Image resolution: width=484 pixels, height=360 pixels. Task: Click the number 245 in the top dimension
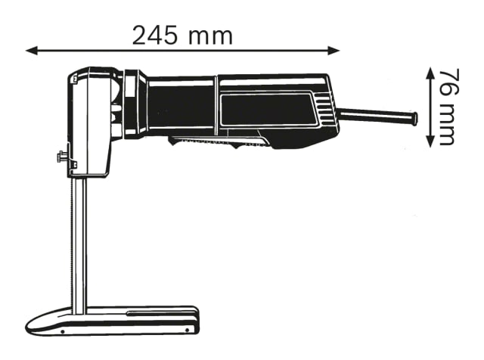[157, 34]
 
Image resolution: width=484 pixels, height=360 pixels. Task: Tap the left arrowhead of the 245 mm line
[30, 51]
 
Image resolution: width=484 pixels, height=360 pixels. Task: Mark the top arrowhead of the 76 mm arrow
[430, 70]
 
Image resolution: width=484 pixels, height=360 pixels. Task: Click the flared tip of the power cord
[414, 118]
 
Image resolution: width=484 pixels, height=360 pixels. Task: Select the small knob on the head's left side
[60, 159]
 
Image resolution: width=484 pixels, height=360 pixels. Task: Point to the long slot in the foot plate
[159, 312]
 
